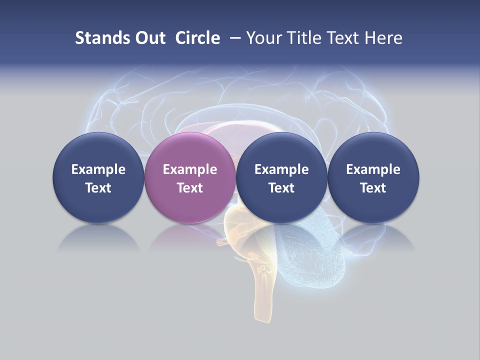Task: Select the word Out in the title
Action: tap(148, 38)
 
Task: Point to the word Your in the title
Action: tap(264, 38)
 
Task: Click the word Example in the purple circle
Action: tap(190, 169)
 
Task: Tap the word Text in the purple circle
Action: tap(190, 188)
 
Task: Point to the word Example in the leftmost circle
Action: tap(98, 169)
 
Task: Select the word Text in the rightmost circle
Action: tap(373, 188)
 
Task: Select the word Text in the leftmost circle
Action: tap(98, 188)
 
